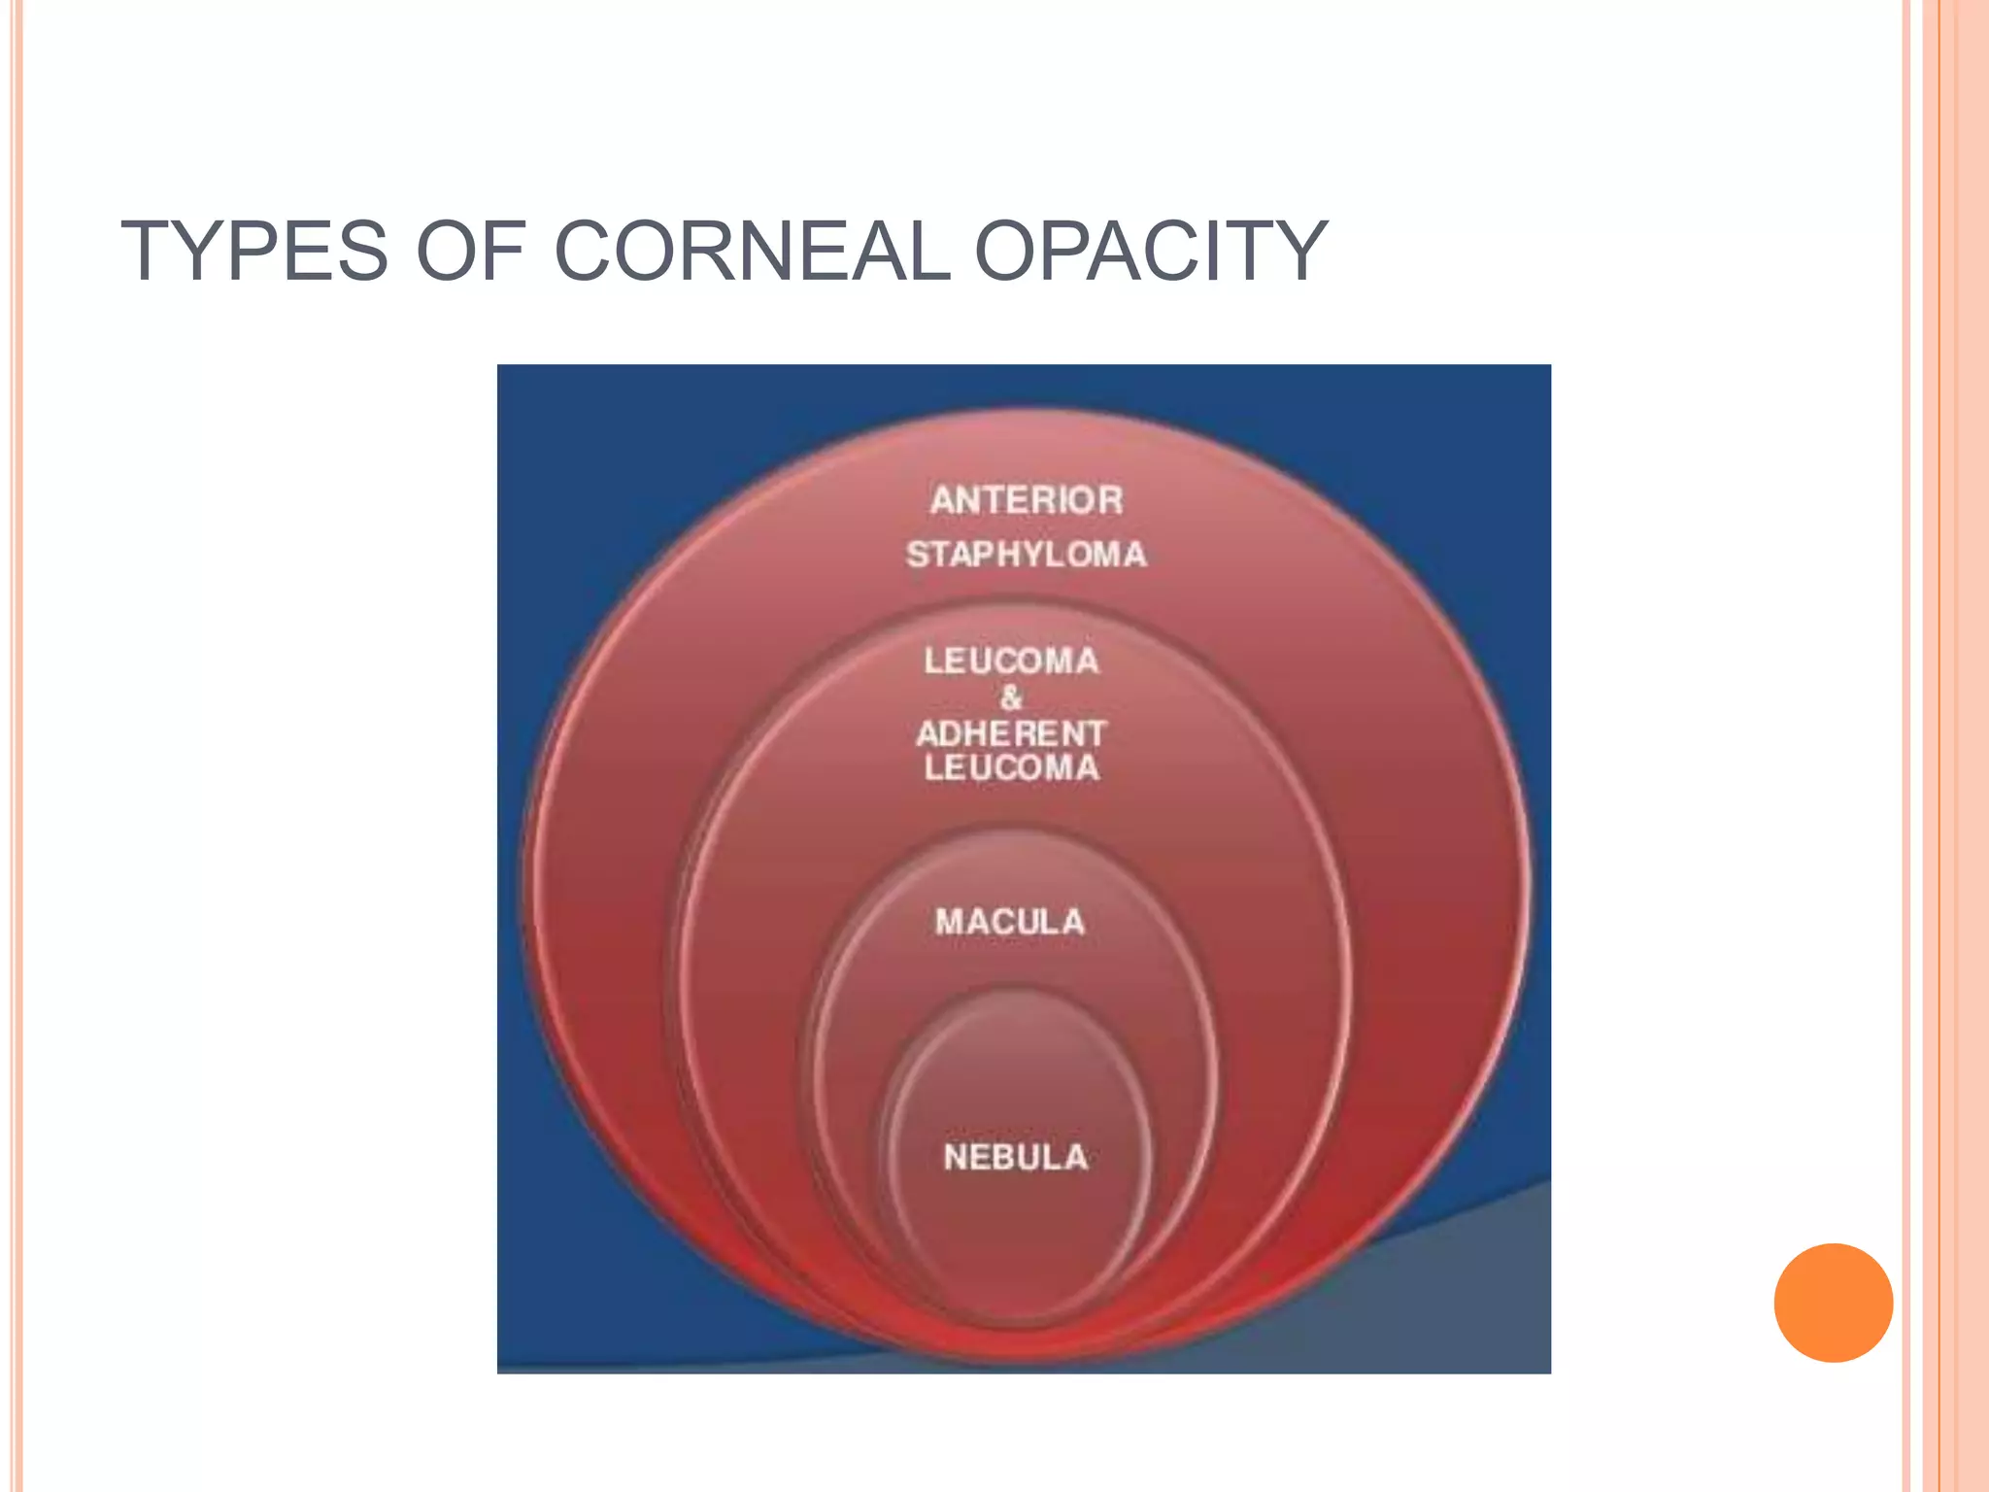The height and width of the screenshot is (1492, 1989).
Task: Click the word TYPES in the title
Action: (253, 252)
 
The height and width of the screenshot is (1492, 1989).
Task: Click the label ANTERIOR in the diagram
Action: (1027, 500)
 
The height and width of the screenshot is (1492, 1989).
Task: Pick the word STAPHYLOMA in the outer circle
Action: (1027, 555)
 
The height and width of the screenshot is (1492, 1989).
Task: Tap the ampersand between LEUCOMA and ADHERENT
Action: (1011, 697)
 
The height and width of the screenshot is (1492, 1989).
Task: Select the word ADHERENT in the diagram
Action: (1011, 733)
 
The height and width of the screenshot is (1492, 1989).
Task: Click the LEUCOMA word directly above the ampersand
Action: (1011, 661)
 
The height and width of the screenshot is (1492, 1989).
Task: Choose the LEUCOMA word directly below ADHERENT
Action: (1011, 768)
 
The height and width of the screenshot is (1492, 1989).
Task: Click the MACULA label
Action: (1010, 922)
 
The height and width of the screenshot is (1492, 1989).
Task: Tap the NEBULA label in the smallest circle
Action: (1016, 1157)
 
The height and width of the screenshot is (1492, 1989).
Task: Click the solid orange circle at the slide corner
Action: (1833, 1303)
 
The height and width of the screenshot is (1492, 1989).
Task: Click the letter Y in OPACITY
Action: (1300, 252)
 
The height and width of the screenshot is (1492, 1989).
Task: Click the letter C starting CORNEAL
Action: (587, 252)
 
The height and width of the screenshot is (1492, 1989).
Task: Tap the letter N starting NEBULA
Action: (956, 1157)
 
